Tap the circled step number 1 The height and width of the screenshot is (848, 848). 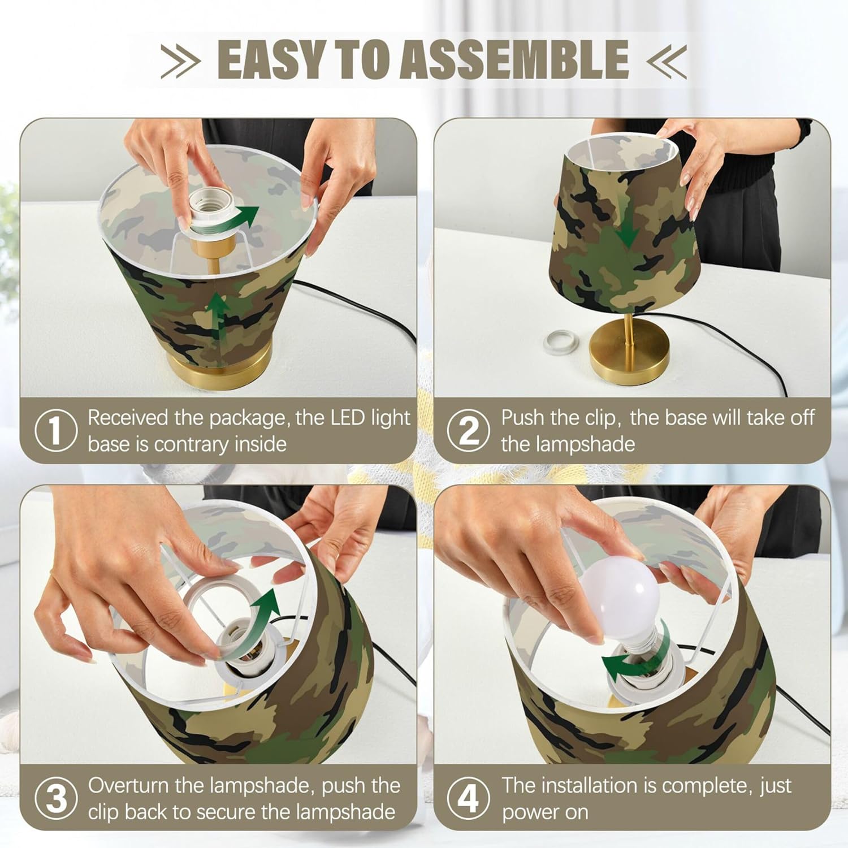click(55, 431)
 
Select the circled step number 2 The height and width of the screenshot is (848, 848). click(469, 431)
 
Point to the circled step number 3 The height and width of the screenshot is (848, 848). click(55, 798)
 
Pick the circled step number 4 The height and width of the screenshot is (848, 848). click(469, 798)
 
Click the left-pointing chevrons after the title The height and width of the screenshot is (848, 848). click(667, 60)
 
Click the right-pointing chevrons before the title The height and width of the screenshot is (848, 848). click(181, 60)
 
